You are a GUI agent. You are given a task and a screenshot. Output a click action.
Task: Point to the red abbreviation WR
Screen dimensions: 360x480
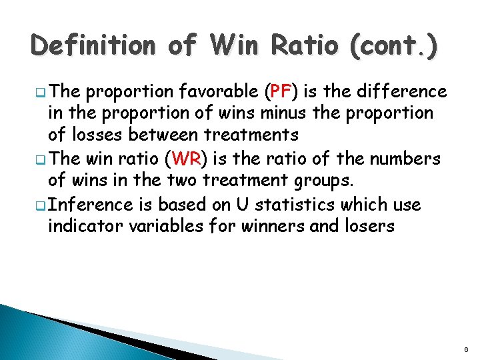point(183,159)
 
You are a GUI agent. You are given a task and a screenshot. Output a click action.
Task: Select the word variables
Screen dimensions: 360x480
point(163,227)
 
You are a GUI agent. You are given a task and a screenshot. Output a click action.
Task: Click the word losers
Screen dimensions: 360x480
point(367,227)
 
